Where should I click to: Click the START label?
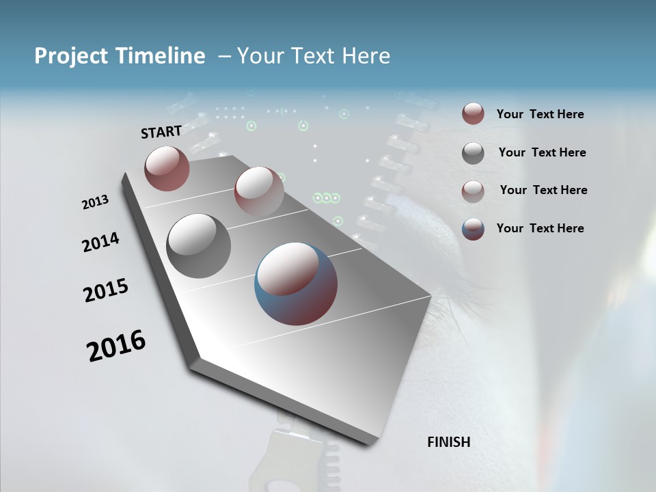coord(161,132)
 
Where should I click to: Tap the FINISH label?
coord(448,442)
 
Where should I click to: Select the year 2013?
coord(95,202)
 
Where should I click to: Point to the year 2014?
coord(100,242)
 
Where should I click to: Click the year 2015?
coord(105,290)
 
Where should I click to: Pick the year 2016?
coord(116,346)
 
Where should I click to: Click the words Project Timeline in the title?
coord(120,56)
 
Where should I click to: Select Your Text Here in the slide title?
coord(314,56)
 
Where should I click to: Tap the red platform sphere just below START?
coord(167,168)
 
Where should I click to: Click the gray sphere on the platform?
coord(198,245)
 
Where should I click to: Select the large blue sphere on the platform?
coord(296,283)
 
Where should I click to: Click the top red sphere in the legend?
coord(473,114)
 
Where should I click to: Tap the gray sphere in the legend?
coord(473,153)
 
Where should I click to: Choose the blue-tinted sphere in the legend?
coord(473,229)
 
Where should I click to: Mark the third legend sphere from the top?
coord(473,191)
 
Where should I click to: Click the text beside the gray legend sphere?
coord(542,152)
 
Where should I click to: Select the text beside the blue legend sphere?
coord(540,228)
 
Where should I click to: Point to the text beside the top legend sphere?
coord(540,114)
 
